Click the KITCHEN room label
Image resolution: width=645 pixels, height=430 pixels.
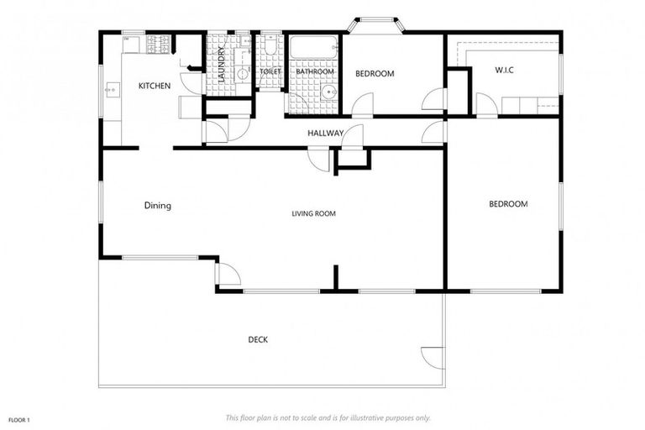pyautogui.click(x=155, y=86)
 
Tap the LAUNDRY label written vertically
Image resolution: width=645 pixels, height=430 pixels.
pyautogui.click(x=221, y=64)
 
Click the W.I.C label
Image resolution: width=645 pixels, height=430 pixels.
pyautogui.click(x=504, y=70)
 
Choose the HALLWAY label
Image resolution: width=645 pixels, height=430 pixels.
pyautogui.click(x=325, y=133)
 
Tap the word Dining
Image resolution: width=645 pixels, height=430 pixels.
pyautogui.click(x=157, y=205)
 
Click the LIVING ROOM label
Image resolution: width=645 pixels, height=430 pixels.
pyautogui.click(x=313, y=214)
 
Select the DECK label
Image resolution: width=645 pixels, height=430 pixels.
pyautogui.click(x=258, y=340)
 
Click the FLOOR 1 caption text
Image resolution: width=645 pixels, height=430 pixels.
pyautogui.click(x=19, y=418)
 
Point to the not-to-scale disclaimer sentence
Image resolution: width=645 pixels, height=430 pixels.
pyautogui.click(x=328, y=417)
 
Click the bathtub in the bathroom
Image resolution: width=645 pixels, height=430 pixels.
pyautogui.click(x=314, y=48)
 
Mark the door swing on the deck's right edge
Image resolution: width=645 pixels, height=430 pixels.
pyautogui.click(x=433, y=356)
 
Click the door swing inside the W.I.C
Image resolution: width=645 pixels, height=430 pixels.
pyautogui.click(x=486, y=105)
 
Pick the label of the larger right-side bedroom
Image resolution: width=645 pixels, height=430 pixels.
pyautogui.click(x=508, y=204)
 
